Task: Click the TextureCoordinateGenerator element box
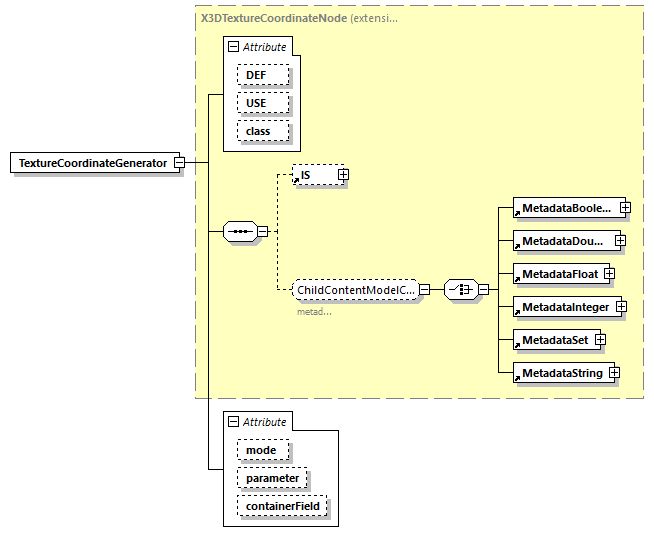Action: click(92, 163)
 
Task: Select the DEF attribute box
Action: click(263, 75)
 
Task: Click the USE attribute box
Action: click(263, 103)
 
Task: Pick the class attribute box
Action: click(263, 131)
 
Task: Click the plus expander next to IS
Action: click(343, 174)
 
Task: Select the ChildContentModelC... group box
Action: click(355, 290)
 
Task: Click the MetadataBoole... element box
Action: click(565, 208)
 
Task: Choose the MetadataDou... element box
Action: click(562, 241)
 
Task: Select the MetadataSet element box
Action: click(552, 340)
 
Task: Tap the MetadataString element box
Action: click(560, 373)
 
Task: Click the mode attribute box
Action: click(262, 450)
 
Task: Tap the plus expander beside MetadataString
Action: click(614, 373)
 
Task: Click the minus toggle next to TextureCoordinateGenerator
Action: click(178, 163)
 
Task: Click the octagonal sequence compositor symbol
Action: click(239, 231)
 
